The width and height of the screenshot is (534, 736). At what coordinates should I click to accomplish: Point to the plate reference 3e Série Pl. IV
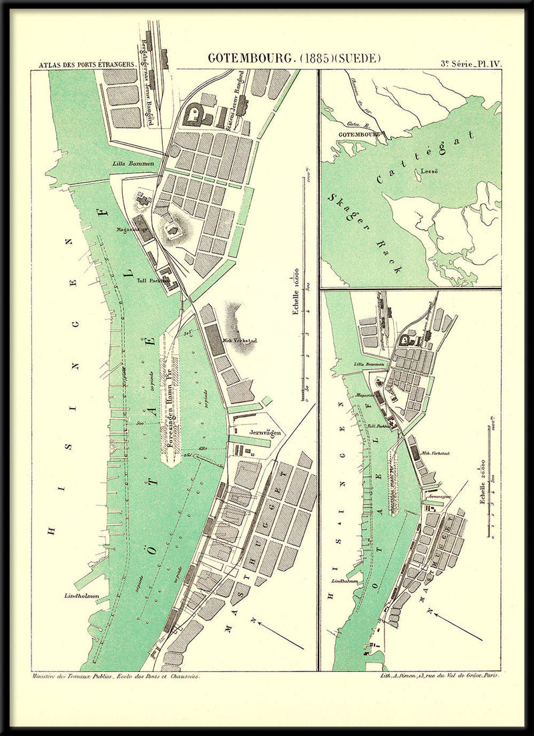pos(470,64)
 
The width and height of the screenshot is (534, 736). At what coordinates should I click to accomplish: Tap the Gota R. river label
pos(358,124)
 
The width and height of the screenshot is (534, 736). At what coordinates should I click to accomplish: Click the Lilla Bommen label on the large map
pos(133,163)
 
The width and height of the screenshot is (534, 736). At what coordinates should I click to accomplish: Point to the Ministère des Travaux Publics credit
pos(115,675)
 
